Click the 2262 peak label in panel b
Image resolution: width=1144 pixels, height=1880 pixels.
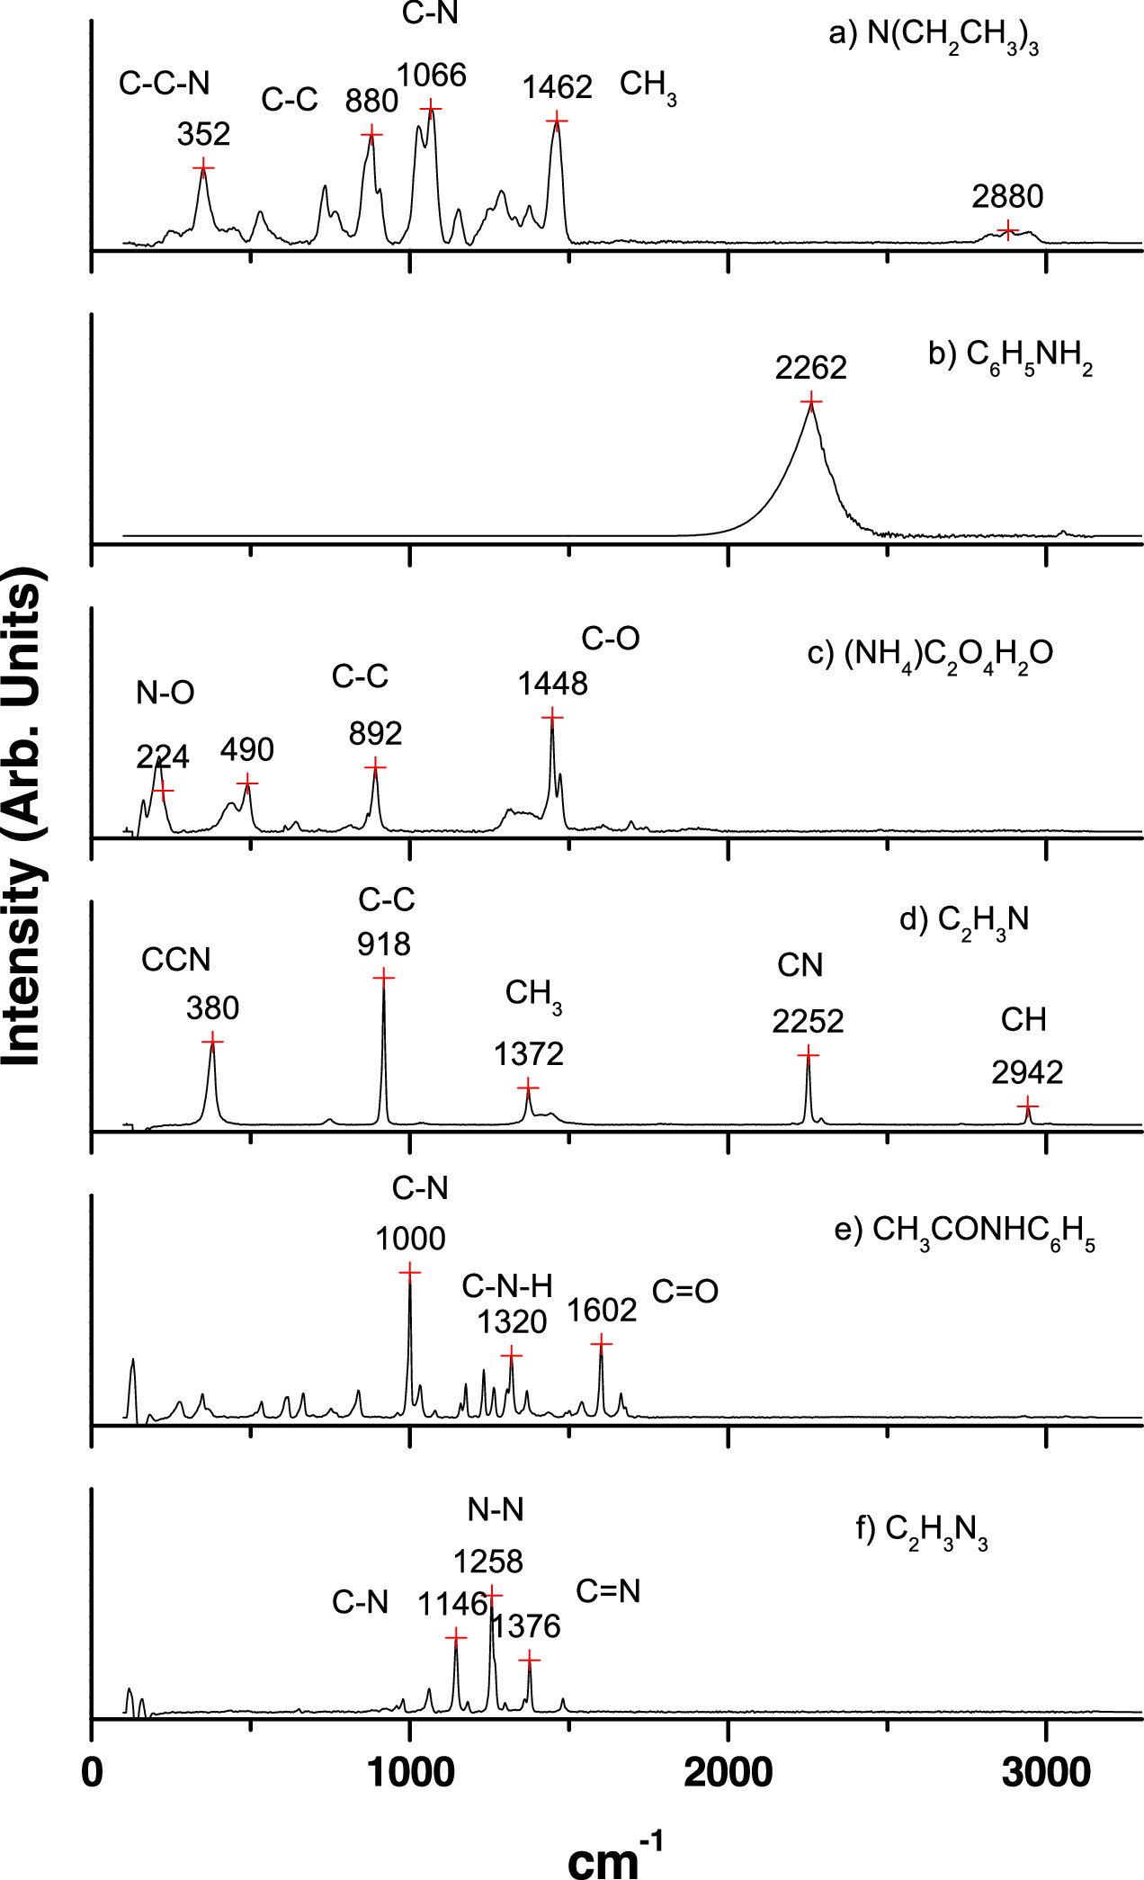[811, 368]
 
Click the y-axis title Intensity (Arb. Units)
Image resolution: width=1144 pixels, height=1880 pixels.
[24, 817]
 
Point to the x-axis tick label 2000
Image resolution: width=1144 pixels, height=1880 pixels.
[728, 1772]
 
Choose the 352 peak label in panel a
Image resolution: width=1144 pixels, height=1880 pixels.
[203, 135]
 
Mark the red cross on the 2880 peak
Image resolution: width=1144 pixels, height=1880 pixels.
[1007, 229]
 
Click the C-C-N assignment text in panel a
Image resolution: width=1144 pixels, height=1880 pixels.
[164, 84]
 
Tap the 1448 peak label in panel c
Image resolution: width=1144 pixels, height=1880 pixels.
[552, 684]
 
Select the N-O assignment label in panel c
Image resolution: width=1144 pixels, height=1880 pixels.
[165, 693]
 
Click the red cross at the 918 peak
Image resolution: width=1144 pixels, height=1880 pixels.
[384, 978]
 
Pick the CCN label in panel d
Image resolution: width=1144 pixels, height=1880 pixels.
[176, 960]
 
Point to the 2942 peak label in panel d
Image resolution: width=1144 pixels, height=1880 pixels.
[1027, 1072]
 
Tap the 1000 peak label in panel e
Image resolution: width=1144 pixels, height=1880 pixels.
[410, 1240]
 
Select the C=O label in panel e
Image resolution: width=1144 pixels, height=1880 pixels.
[685, 1292]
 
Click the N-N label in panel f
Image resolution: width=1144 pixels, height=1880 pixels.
[496, 1509]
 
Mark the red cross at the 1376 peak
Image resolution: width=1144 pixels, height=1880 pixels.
[529, 1659]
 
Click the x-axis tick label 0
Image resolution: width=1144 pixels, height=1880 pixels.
[92, 1772]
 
